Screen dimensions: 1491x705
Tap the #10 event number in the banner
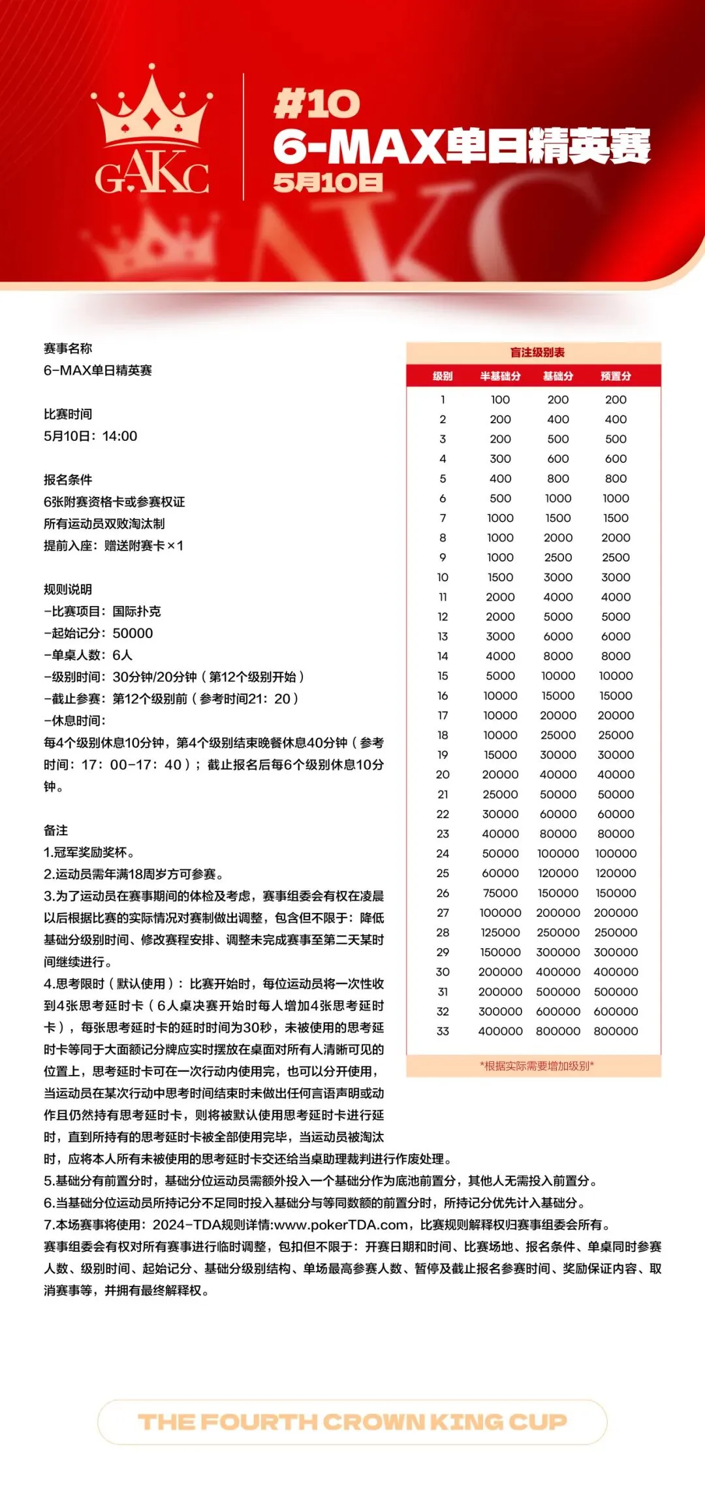pos(317,104)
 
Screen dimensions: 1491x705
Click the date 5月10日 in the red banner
pos(328,182)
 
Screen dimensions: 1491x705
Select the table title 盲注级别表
pos(537,353)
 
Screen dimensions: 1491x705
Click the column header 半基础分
pos(500,376)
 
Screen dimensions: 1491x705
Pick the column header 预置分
pos(616,376)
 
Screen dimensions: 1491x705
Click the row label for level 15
pos(443,676)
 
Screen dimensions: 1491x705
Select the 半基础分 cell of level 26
pos(500,893)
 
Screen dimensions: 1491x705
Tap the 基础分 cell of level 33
pos(558,1031)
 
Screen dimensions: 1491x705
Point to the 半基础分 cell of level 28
pos(500,933)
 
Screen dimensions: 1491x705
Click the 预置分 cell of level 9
pos(616,558)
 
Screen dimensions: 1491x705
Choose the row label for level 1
pos(443,400)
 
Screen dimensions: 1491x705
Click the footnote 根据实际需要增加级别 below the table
pos(537,1066)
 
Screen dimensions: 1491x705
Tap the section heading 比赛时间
pos(68,414)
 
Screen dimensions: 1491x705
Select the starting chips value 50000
pos(133,633)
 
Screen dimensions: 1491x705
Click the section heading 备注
pos(55,830)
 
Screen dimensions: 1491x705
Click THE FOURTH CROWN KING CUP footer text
pos(352,1421)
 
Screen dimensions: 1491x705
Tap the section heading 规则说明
pos(68,589)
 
